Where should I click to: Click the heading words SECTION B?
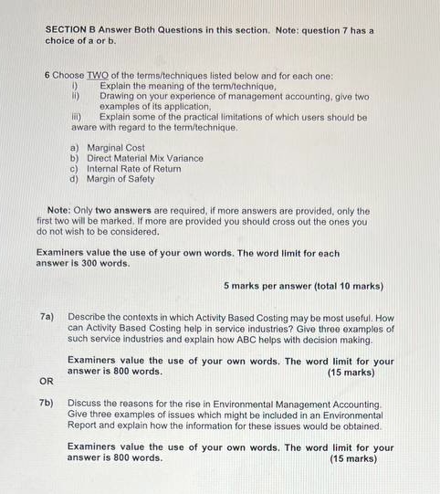click(73, 30)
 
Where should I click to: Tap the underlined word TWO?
click(98, 75)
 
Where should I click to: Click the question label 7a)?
click(47, 318)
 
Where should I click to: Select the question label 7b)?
click(47, 403)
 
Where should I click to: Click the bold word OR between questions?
click(46, 381)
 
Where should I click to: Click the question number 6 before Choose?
click(47, 75)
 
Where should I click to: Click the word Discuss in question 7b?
click(86, 403)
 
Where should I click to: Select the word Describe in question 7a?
click(89, 318)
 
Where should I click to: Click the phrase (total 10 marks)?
click(350, 286)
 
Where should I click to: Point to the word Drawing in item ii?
click(119, 96)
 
